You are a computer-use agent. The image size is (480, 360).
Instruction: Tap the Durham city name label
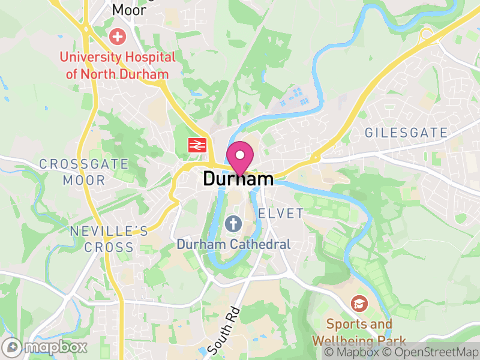click(238, 179)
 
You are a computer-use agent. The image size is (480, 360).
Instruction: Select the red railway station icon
click(196, 144)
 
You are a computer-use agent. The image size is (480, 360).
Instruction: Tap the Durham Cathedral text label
click(233, 244)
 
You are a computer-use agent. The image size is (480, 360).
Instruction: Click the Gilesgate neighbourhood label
click(406, 133)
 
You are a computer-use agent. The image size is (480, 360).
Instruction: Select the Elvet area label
click(281, 214)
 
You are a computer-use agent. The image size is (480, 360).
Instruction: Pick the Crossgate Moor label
click(84, 172)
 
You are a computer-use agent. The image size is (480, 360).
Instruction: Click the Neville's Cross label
click(109, 239)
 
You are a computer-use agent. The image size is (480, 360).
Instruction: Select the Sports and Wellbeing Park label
click(359, 332)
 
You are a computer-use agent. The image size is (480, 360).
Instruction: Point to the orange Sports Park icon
click(359, 304)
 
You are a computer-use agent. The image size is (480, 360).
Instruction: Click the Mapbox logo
click(45, 347)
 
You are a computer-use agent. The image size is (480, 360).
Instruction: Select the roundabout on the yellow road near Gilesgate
click(427, 34)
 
